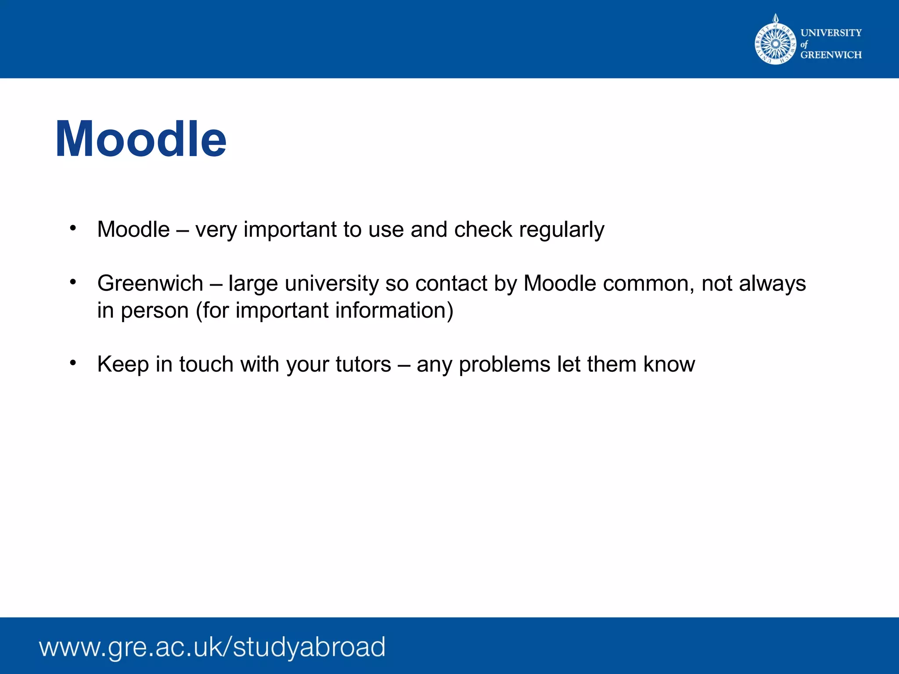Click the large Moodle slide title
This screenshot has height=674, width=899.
[141, 139]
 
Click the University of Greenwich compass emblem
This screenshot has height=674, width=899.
[775, 43]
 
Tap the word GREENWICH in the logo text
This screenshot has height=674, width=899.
[831, 55]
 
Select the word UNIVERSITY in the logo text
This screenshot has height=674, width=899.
[831, 32]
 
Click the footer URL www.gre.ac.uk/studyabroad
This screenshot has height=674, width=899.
[212, 647]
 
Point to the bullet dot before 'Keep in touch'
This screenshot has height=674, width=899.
[73, 362]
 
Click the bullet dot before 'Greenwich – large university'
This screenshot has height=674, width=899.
[73, 282]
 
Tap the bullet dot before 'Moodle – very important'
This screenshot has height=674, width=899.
[73, 228]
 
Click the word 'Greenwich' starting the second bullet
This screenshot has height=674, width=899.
[150, 283]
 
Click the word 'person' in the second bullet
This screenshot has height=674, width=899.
[155, 311]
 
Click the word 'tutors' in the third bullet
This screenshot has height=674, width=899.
[363, 364]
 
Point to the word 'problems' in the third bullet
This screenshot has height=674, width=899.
[504, 364]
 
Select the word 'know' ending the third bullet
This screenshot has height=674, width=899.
[669, 364]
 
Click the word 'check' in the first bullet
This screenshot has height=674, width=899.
[483, 229]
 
